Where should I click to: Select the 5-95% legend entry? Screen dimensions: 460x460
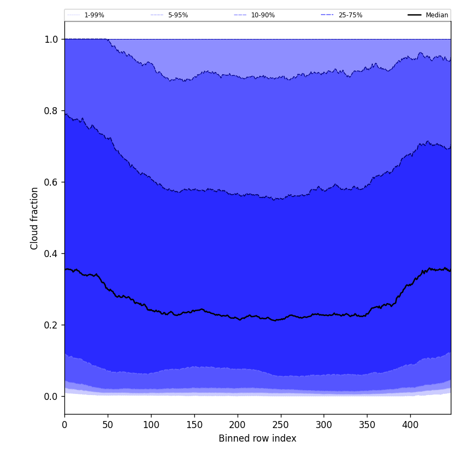(x=178, y=15)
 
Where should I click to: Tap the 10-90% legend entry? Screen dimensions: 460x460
(x=262, y=15)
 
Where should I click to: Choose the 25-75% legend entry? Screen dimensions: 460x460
(x=350, y=15)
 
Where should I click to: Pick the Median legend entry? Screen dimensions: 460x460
(x=437, y=15)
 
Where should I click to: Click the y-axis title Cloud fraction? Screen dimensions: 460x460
(x=35, y=218)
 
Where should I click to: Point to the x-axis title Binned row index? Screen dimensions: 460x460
(x=258, y=438)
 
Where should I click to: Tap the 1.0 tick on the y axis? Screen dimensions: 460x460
(x=51, y=40)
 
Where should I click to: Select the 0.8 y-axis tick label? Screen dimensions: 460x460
(x=51, y=111)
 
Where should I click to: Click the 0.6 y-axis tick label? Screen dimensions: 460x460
(x=51, y=182)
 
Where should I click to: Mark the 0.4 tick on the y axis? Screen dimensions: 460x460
(x=51, y=254)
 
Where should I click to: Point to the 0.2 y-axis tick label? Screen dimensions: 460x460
(x=51, y=325)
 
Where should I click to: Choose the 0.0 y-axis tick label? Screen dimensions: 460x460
(x=51, y=397)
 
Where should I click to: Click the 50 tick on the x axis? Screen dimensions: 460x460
(x=108, y=425)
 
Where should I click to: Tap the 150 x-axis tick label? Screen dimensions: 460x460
(x=194, y=425)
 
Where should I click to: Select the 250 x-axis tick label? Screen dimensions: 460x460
(x=280, y=425)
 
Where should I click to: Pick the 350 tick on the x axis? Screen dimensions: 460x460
(x=367, y=425)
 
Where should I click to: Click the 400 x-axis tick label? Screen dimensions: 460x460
(x=410, y=425)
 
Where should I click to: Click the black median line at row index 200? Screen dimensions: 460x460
(x=237, y=318)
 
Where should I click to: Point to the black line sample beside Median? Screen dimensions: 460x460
(x=415, y=15)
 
